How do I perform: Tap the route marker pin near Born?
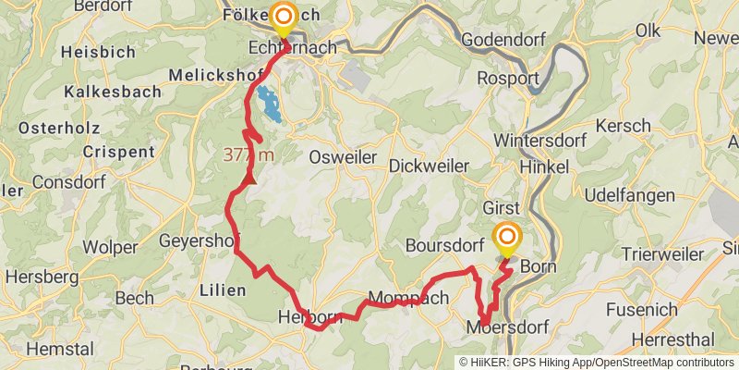[x=506, y=239]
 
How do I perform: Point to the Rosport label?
[x=508, y=79]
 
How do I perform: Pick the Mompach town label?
[x=408, y=298]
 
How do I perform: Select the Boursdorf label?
[x=446, y=247]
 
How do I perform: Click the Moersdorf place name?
[x=508, y=327]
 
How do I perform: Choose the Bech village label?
[x=135, y=299]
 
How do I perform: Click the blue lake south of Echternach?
[x=268, y=105]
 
